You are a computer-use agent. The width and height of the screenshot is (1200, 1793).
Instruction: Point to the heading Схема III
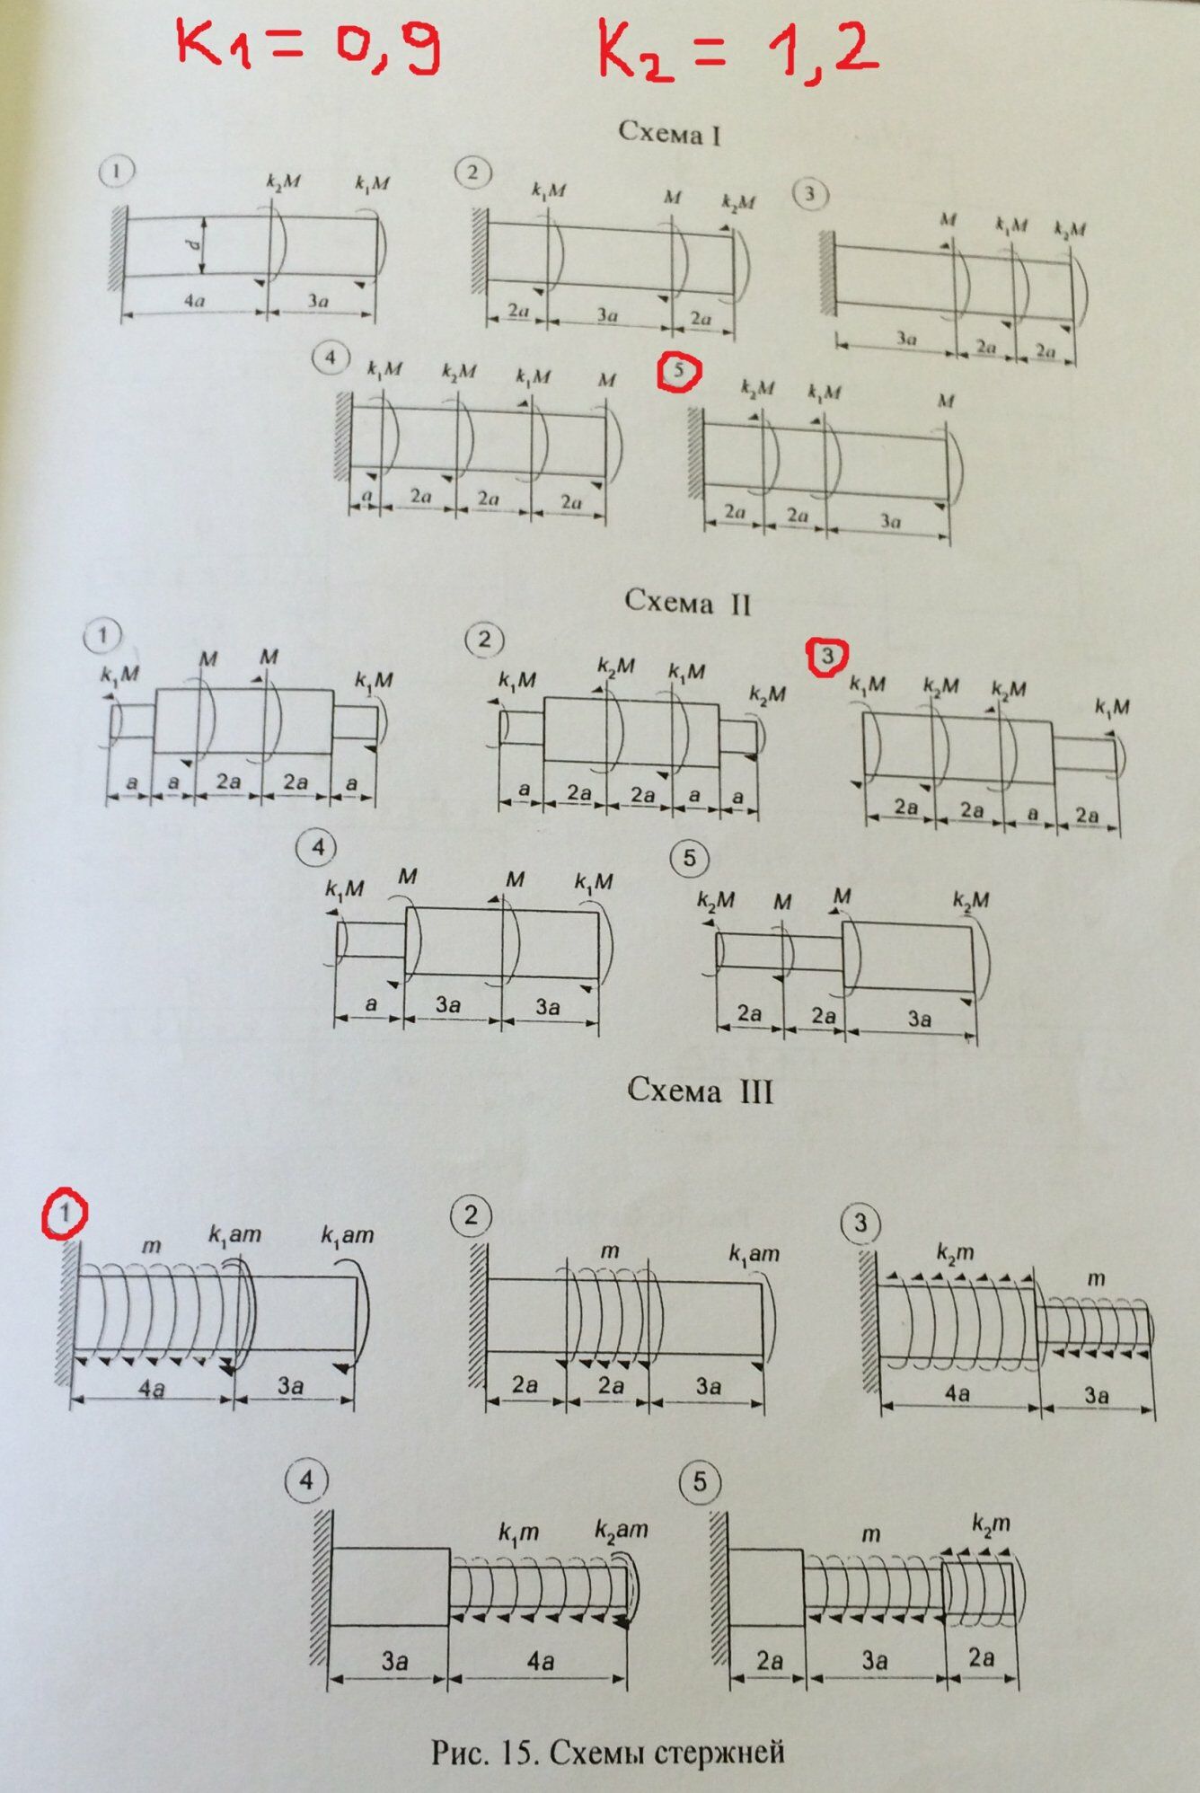[700, 1091]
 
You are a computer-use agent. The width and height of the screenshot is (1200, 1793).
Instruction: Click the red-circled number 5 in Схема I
[679, 370]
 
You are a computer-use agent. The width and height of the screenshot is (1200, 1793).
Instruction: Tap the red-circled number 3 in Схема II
[827, 656]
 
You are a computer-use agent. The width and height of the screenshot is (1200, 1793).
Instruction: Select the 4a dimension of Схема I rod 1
[193, 301]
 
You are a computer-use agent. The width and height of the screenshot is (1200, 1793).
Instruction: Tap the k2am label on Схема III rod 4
[621, 1529]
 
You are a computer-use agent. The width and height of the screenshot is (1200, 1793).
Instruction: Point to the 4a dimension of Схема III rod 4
[540, 1661]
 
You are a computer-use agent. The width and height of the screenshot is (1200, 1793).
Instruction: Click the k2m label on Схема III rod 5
[991, 1524]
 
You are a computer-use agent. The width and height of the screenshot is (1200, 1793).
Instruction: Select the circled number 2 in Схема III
[472, 1216]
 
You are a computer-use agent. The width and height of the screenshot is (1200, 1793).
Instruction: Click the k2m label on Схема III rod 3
[955, 1252]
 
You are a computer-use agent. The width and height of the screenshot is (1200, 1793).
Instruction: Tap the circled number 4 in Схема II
[318, 847]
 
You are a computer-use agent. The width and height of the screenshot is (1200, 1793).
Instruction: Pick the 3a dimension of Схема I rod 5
[890, 521]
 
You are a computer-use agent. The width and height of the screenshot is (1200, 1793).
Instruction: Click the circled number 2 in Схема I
[473, 172]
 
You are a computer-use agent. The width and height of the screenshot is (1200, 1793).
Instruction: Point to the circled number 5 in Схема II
[689, 858]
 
